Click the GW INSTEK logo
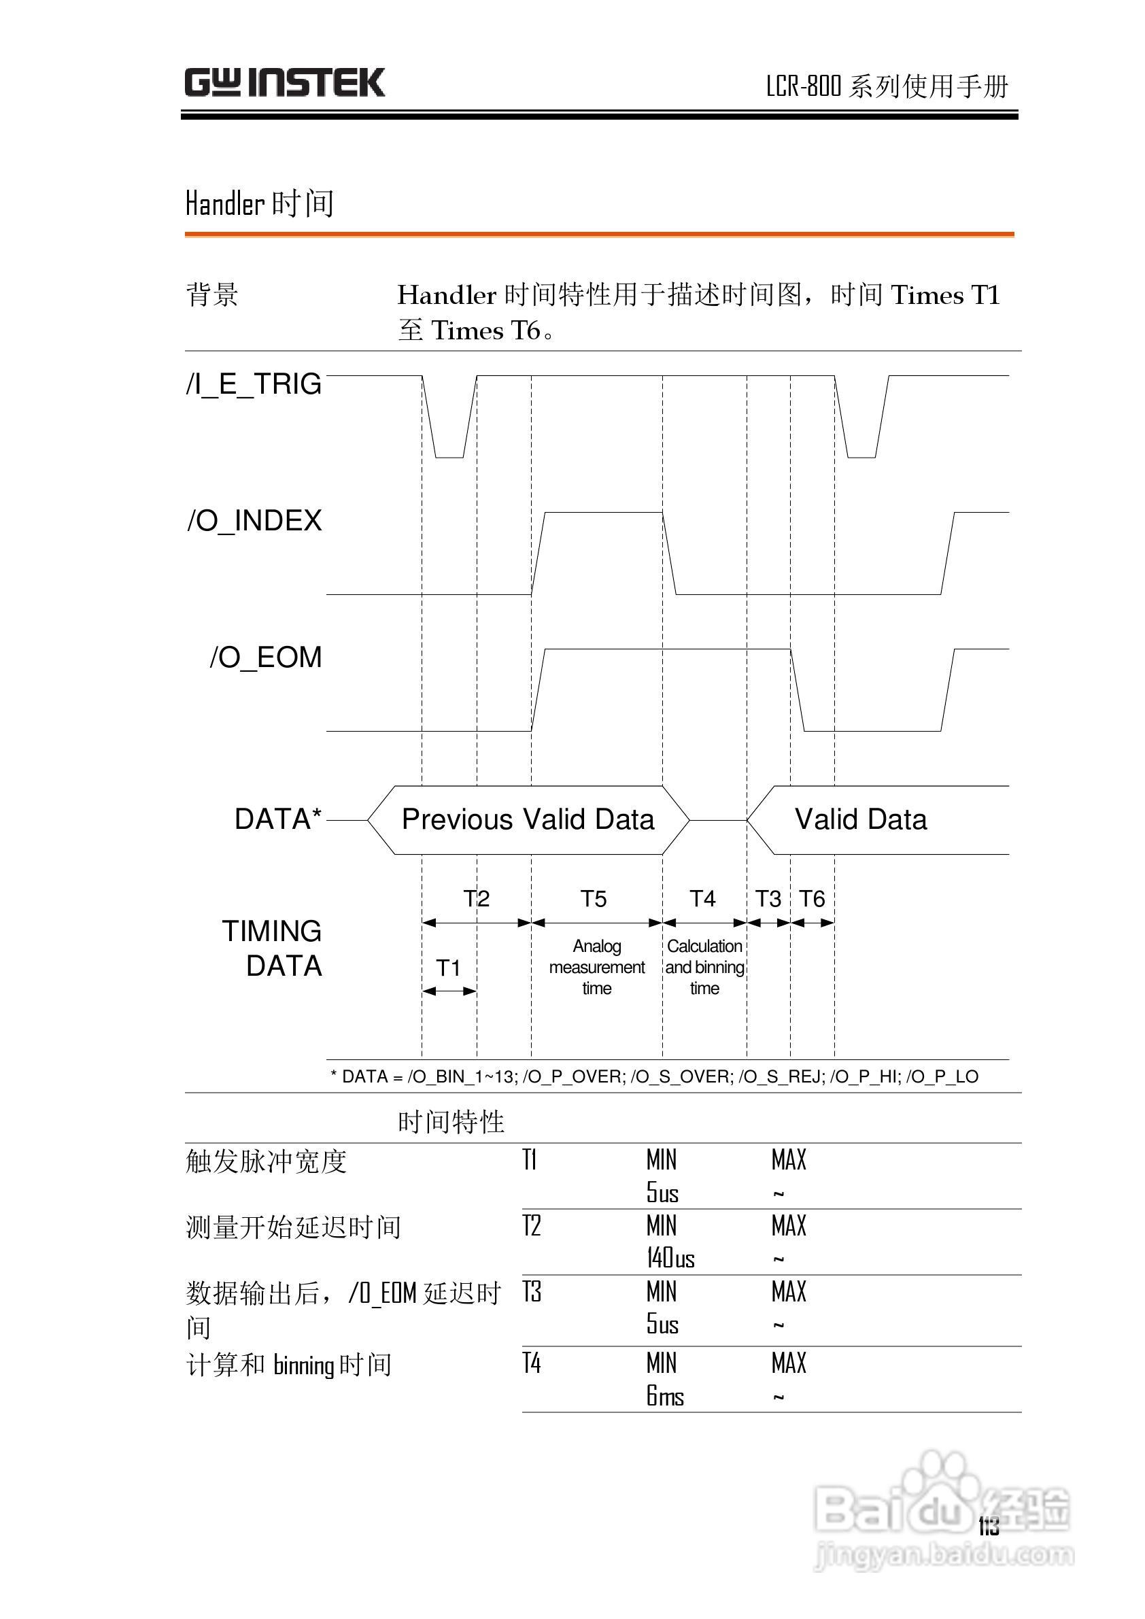pos(284,82)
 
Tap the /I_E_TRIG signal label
pos(254,384)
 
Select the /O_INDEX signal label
pos(254,521)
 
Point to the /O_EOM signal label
pos(266,658)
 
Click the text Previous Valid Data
pos(528,819)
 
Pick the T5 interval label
pos(594,899)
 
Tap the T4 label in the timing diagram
pos(702,899)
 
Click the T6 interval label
pos(813,899)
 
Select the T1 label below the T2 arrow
pos(448,968)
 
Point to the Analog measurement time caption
pos(596,967)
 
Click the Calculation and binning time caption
pos(704,967)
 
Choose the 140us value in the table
pos(670,1258)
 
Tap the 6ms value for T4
pos(665,1396)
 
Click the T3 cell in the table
pos(532,1292)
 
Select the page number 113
pos(989,1527)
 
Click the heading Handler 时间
pos(260,204)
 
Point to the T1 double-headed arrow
pos(449,991)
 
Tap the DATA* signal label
pos(278,819)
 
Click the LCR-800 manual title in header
pos(887,86)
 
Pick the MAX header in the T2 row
pos(788,1226)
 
